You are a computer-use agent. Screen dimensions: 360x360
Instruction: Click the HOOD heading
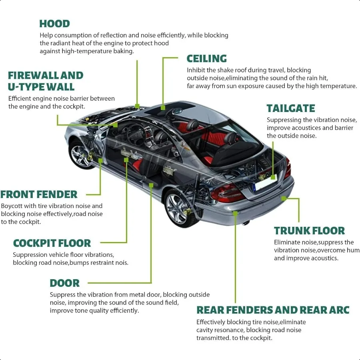(54, 24)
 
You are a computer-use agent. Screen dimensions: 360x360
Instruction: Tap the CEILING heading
(206, 59)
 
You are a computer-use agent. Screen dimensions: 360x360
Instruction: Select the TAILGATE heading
(291, 108)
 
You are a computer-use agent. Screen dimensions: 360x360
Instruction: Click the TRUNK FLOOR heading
(309, 231)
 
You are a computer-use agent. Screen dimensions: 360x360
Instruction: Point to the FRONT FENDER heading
(39, 195)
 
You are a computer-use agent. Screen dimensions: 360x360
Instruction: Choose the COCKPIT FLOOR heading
(52, 243)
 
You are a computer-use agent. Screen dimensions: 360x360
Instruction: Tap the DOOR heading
(64, 283)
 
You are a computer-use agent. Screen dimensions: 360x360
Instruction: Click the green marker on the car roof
(163, 107)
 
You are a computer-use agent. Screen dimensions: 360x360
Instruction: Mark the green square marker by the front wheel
(101, 160)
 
